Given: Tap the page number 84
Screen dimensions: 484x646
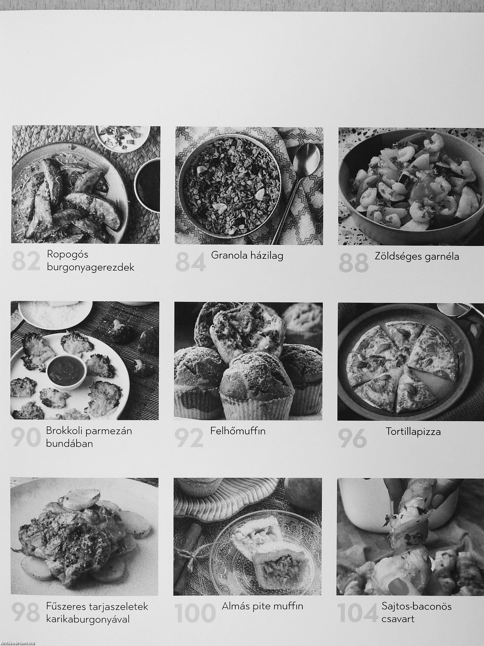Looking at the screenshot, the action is point(191,262).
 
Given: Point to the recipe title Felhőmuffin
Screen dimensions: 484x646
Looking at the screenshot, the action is point(238,431).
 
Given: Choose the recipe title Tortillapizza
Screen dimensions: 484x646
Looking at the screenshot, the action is point(413,432).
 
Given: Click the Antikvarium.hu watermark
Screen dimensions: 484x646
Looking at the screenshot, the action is point(18,643).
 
